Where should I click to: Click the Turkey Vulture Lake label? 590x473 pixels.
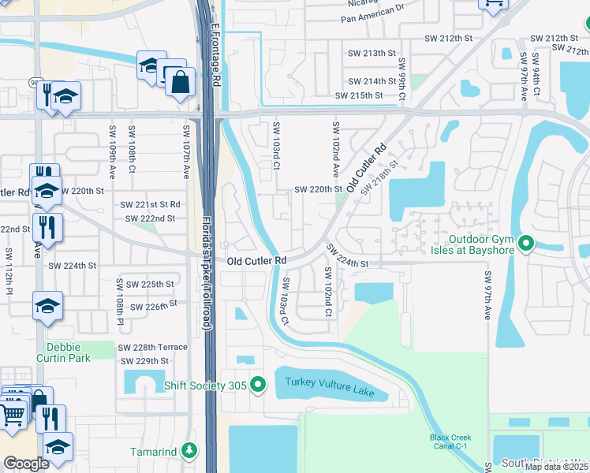click(330, 382)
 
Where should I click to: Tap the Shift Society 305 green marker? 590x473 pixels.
click(258, 385)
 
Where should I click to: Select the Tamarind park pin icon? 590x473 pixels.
click(189, 451)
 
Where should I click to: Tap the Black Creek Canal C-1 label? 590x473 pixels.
click(450, 441)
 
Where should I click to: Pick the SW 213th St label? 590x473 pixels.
click(371, 54)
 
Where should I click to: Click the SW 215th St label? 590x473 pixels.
click(359, 95)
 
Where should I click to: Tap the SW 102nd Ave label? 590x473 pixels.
click(335, 150)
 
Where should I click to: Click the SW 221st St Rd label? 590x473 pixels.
click(150, 204)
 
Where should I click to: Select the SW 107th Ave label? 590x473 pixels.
click(187, 150)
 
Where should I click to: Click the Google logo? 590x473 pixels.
click(26, 463)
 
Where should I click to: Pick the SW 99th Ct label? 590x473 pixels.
click(401, 79)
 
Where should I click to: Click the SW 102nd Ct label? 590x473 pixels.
click(327, 292)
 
